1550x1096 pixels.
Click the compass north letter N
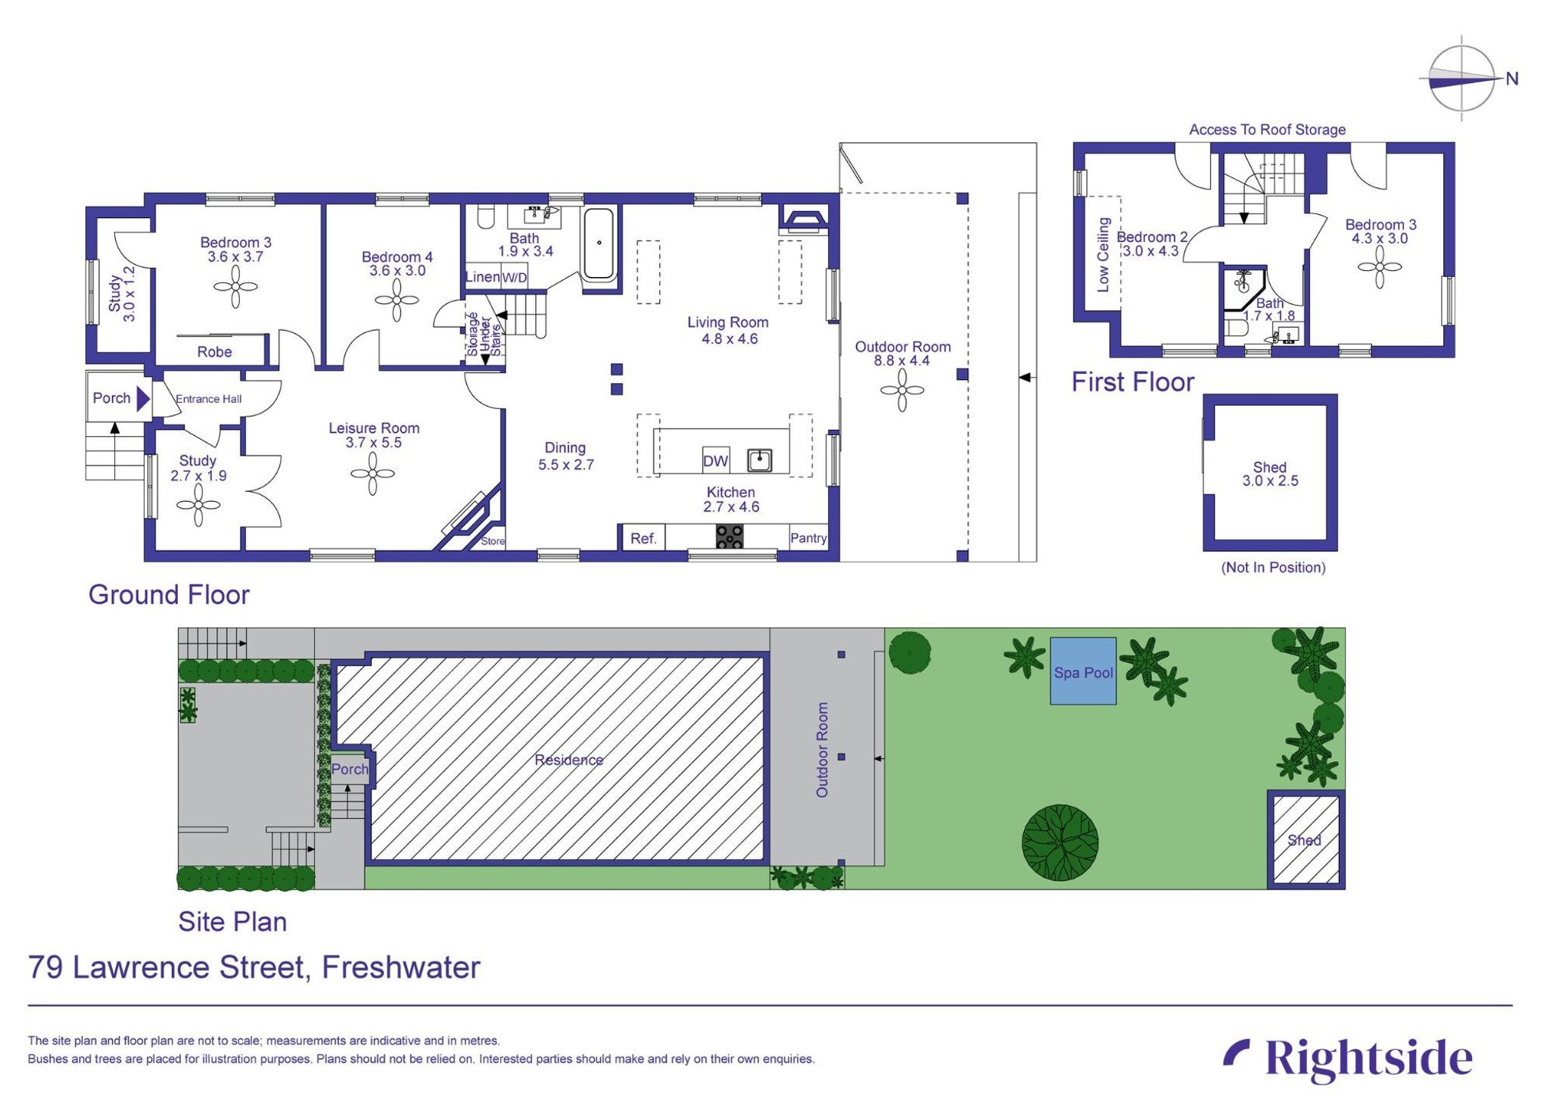[1511, 79]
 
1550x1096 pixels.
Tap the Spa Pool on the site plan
[1082, 671]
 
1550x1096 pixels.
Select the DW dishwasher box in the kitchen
[715, 461]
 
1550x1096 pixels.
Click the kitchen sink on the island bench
[759, 459]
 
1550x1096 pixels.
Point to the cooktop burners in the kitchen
[730, 536]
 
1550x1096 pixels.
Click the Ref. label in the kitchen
[643, 538]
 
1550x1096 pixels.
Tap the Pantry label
[808, 538]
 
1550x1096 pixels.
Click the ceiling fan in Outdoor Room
[902, 391]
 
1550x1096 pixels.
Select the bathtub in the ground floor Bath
[599, 244]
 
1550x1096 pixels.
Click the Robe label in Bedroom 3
[214, 352]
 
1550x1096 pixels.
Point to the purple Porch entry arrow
[142, 398]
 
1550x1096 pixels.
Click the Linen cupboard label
[482, 277]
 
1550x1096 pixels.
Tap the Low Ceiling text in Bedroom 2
[1103, 254]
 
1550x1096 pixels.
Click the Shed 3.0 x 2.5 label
[1269, 474]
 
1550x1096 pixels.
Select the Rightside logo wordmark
[1368, 1058]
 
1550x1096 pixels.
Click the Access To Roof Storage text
[1267, 129]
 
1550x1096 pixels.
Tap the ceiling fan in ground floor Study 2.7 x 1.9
[198, 505]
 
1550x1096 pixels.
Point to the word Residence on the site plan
[568, 760]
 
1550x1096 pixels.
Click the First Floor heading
[1132, 382]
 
